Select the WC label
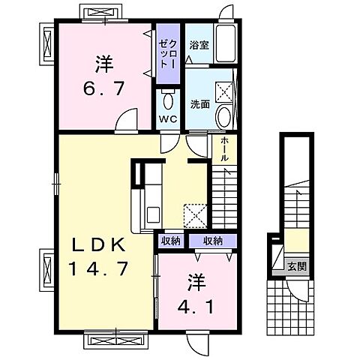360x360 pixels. pos(167,118)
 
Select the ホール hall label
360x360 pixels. pos(224,148)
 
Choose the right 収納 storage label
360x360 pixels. pos(211,240)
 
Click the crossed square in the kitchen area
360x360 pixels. pos(196,216)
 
